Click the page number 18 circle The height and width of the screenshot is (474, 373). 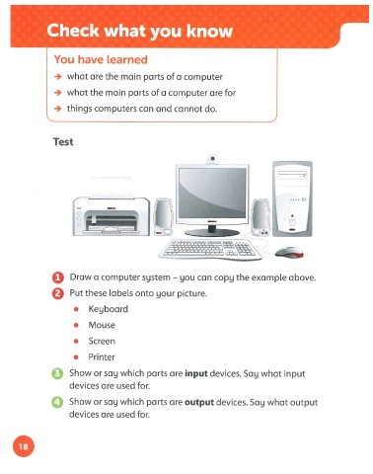[x=24, y=446]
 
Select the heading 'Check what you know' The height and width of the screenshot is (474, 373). [x=140, y=31]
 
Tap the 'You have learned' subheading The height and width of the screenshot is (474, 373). [x=101, y=59]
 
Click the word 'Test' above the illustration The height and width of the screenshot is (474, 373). [x=63, y=142]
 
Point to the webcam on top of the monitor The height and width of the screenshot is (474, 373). [x=212, y=159]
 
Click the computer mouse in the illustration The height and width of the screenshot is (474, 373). [x=289, y=253]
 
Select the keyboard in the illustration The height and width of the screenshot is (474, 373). [x=210, y=249]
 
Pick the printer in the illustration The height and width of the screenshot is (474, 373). [x=112, y=215]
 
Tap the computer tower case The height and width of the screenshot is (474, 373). [x=292, y=198]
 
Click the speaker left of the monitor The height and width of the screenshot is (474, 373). [x=164, y=217]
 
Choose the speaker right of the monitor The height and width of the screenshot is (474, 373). [x=261, y=217]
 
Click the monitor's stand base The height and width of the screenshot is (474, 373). [x=212, y=232]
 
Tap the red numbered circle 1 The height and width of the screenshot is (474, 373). [x=58, y=277]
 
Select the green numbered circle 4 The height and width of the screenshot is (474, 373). [x=57, y=402]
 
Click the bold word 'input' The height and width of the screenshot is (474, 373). [x=196, y=373]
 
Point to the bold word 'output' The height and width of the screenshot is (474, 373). [x=199, y=403]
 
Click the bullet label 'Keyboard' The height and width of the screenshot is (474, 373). [x=109, y=309]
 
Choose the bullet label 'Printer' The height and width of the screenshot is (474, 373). [x=102, y=357]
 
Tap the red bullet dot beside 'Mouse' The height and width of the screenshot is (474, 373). [x=76, y=325]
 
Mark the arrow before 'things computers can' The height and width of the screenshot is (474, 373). [x=58, y=109]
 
